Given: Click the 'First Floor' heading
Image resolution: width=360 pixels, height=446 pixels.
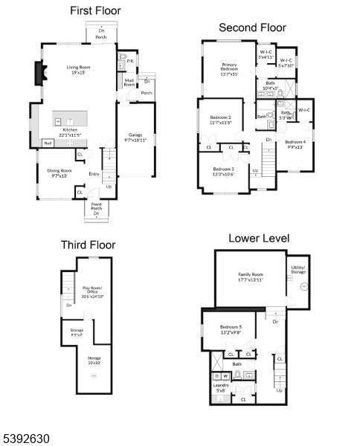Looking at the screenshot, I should (x=95, y=11).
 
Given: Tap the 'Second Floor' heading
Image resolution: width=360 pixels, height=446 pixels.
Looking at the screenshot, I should (x=252, y=28).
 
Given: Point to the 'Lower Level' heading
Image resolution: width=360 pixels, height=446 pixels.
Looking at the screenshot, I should (x=259, y=238).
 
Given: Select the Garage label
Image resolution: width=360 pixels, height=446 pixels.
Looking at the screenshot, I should (x=135, y=137).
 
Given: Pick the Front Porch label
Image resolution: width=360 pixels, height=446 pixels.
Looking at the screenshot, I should (x=97, y=206).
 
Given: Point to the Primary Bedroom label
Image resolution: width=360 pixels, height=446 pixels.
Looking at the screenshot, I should (x=228, y=69).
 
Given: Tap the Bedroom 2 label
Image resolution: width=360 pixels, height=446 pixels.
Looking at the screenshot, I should (x=219, y=120).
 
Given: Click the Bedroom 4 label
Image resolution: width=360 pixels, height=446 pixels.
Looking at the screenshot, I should (x=295, y=144).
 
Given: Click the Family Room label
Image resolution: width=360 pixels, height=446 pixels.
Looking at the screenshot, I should (x=251, y=277).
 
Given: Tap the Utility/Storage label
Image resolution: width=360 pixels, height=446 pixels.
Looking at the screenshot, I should (x=298, y=270).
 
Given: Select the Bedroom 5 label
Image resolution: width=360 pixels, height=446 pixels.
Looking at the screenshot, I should (x=230, y=329).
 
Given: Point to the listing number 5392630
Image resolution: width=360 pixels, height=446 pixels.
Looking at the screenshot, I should (x=25, y=439).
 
